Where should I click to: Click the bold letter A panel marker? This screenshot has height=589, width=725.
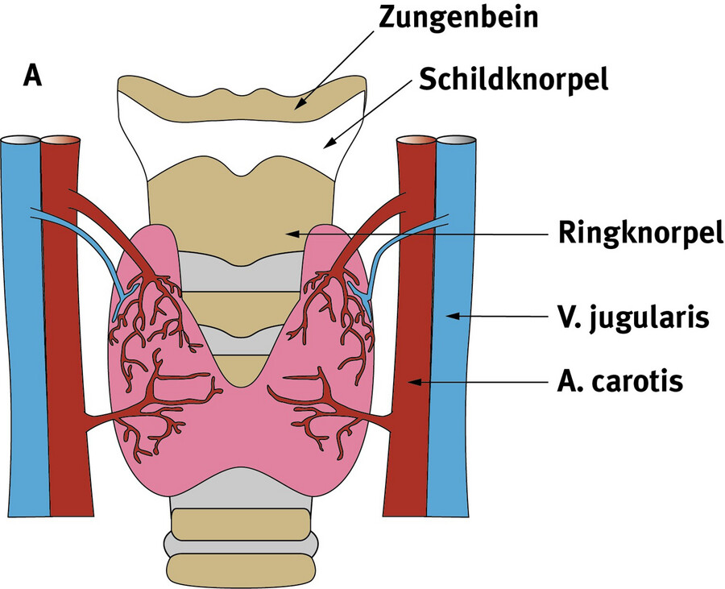point(33,75)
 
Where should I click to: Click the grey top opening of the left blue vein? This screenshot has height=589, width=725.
point(20,141)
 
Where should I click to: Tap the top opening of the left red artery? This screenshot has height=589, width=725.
point(60,141)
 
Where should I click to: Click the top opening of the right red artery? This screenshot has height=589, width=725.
point(416,141)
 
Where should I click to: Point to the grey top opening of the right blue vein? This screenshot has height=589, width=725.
point(455,141)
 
